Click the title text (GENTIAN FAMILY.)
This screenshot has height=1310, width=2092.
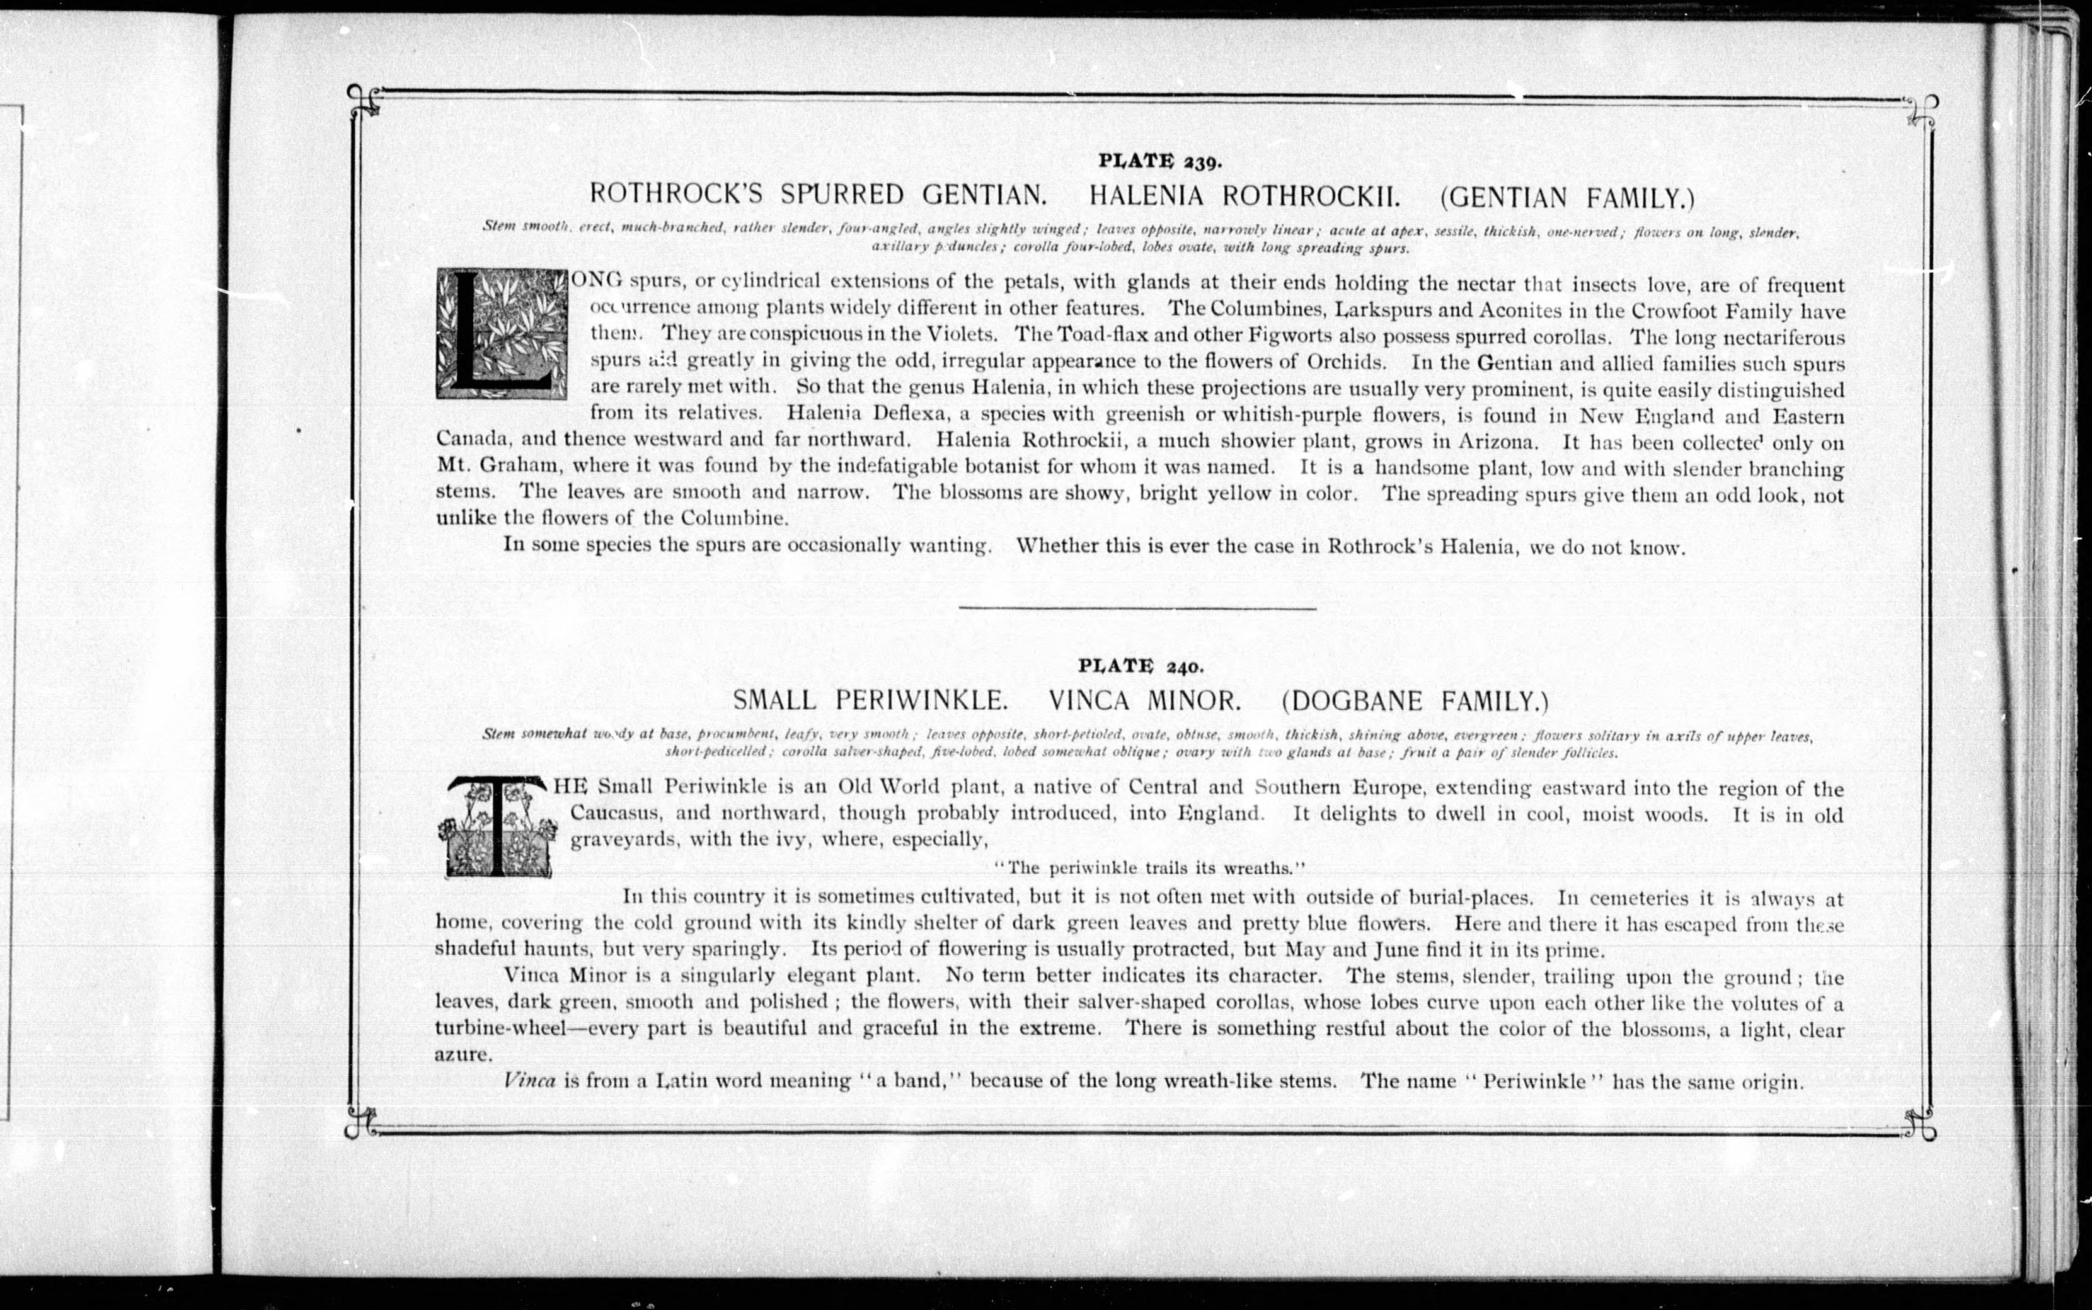pos(1567,198)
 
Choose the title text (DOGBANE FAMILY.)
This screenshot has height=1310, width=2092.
pos(1415,700)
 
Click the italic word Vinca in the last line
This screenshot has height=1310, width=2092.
pos(529,1081)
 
